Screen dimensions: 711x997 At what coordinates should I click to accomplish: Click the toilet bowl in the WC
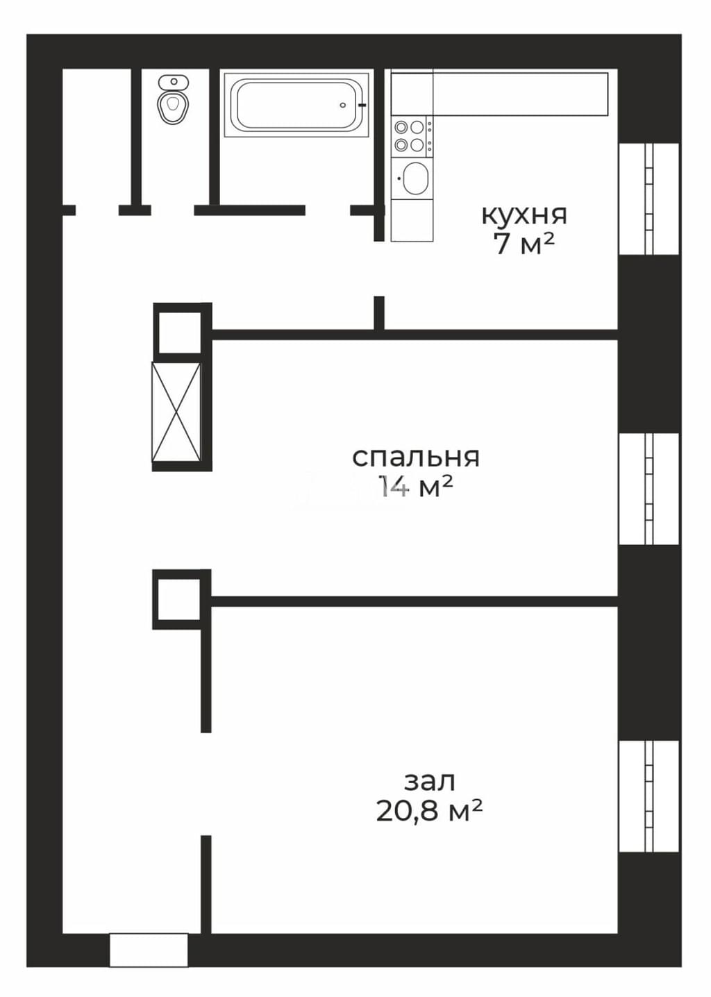coord(173,106)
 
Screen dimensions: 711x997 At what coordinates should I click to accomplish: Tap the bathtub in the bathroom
coord(296,105)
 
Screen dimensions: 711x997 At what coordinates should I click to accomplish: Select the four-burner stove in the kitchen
coord(412,136)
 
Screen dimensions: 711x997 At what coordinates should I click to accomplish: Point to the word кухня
coord(524,216)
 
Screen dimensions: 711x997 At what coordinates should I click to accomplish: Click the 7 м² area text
coord(524,244)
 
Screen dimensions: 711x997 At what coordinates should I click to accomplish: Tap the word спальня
coord(416,458)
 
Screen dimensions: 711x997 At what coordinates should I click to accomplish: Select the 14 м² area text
coord(416,486)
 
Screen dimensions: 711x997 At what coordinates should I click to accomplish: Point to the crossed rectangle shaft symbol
coord(176,412)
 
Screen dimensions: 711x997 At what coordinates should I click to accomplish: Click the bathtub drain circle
coord(342,105)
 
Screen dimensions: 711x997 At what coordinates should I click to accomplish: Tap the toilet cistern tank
coord(174,82)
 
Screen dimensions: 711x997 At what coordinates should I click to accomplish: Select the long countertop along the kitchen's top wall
coord(499,94)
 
